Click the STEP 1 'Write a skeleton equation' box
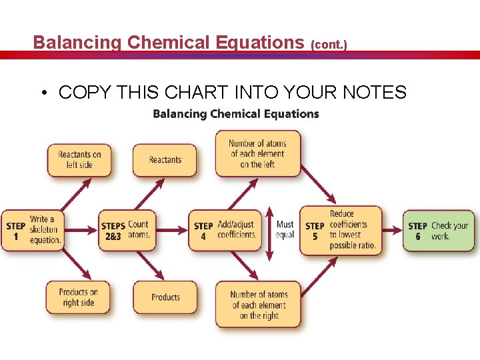tap(33, 230)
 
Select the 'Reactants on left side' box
tap(79, 160)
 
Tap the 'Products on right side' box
tap(79, 297)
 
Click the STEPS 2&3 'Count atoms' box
tap(127, 230)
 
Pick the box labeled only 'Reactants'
tap(165, 160)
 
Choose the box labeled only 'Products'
tap(165, 297)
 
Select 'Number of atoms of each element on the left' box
tap(257, 154)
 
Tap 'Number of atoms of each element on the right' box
tap(258, 305)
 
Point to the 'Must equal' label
tap(285, 230)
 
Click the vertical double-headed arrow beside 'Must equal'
tap(269, 233)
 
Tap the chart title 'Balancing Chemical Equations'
tap(236, 114)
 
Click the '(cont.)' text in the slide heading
tap(329, 45)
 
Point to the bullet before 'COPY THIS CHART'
tap(43, 92)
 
